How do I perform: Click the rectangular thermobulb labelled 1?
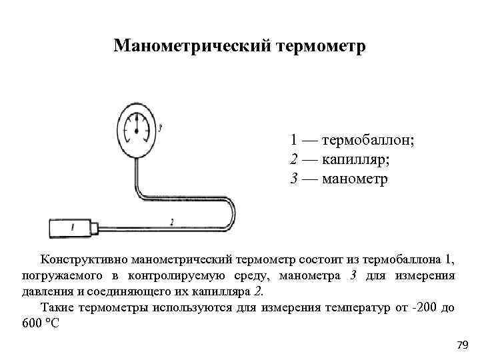pyautogui.click(x=71, y=228)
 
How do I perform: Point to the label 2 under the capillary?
pyautogui.click(x=172, y=221)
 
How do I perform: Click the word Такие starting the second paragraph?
pyautogui.click(x=57, y=308)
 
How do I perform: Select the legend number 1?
pyautogui.click(x=294, y=141)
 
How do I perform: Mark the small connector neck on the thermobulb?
pyautogui.click(x=95, y=228)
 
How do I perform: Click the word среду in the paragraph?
pyautogui.click(x=248, y=275)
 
